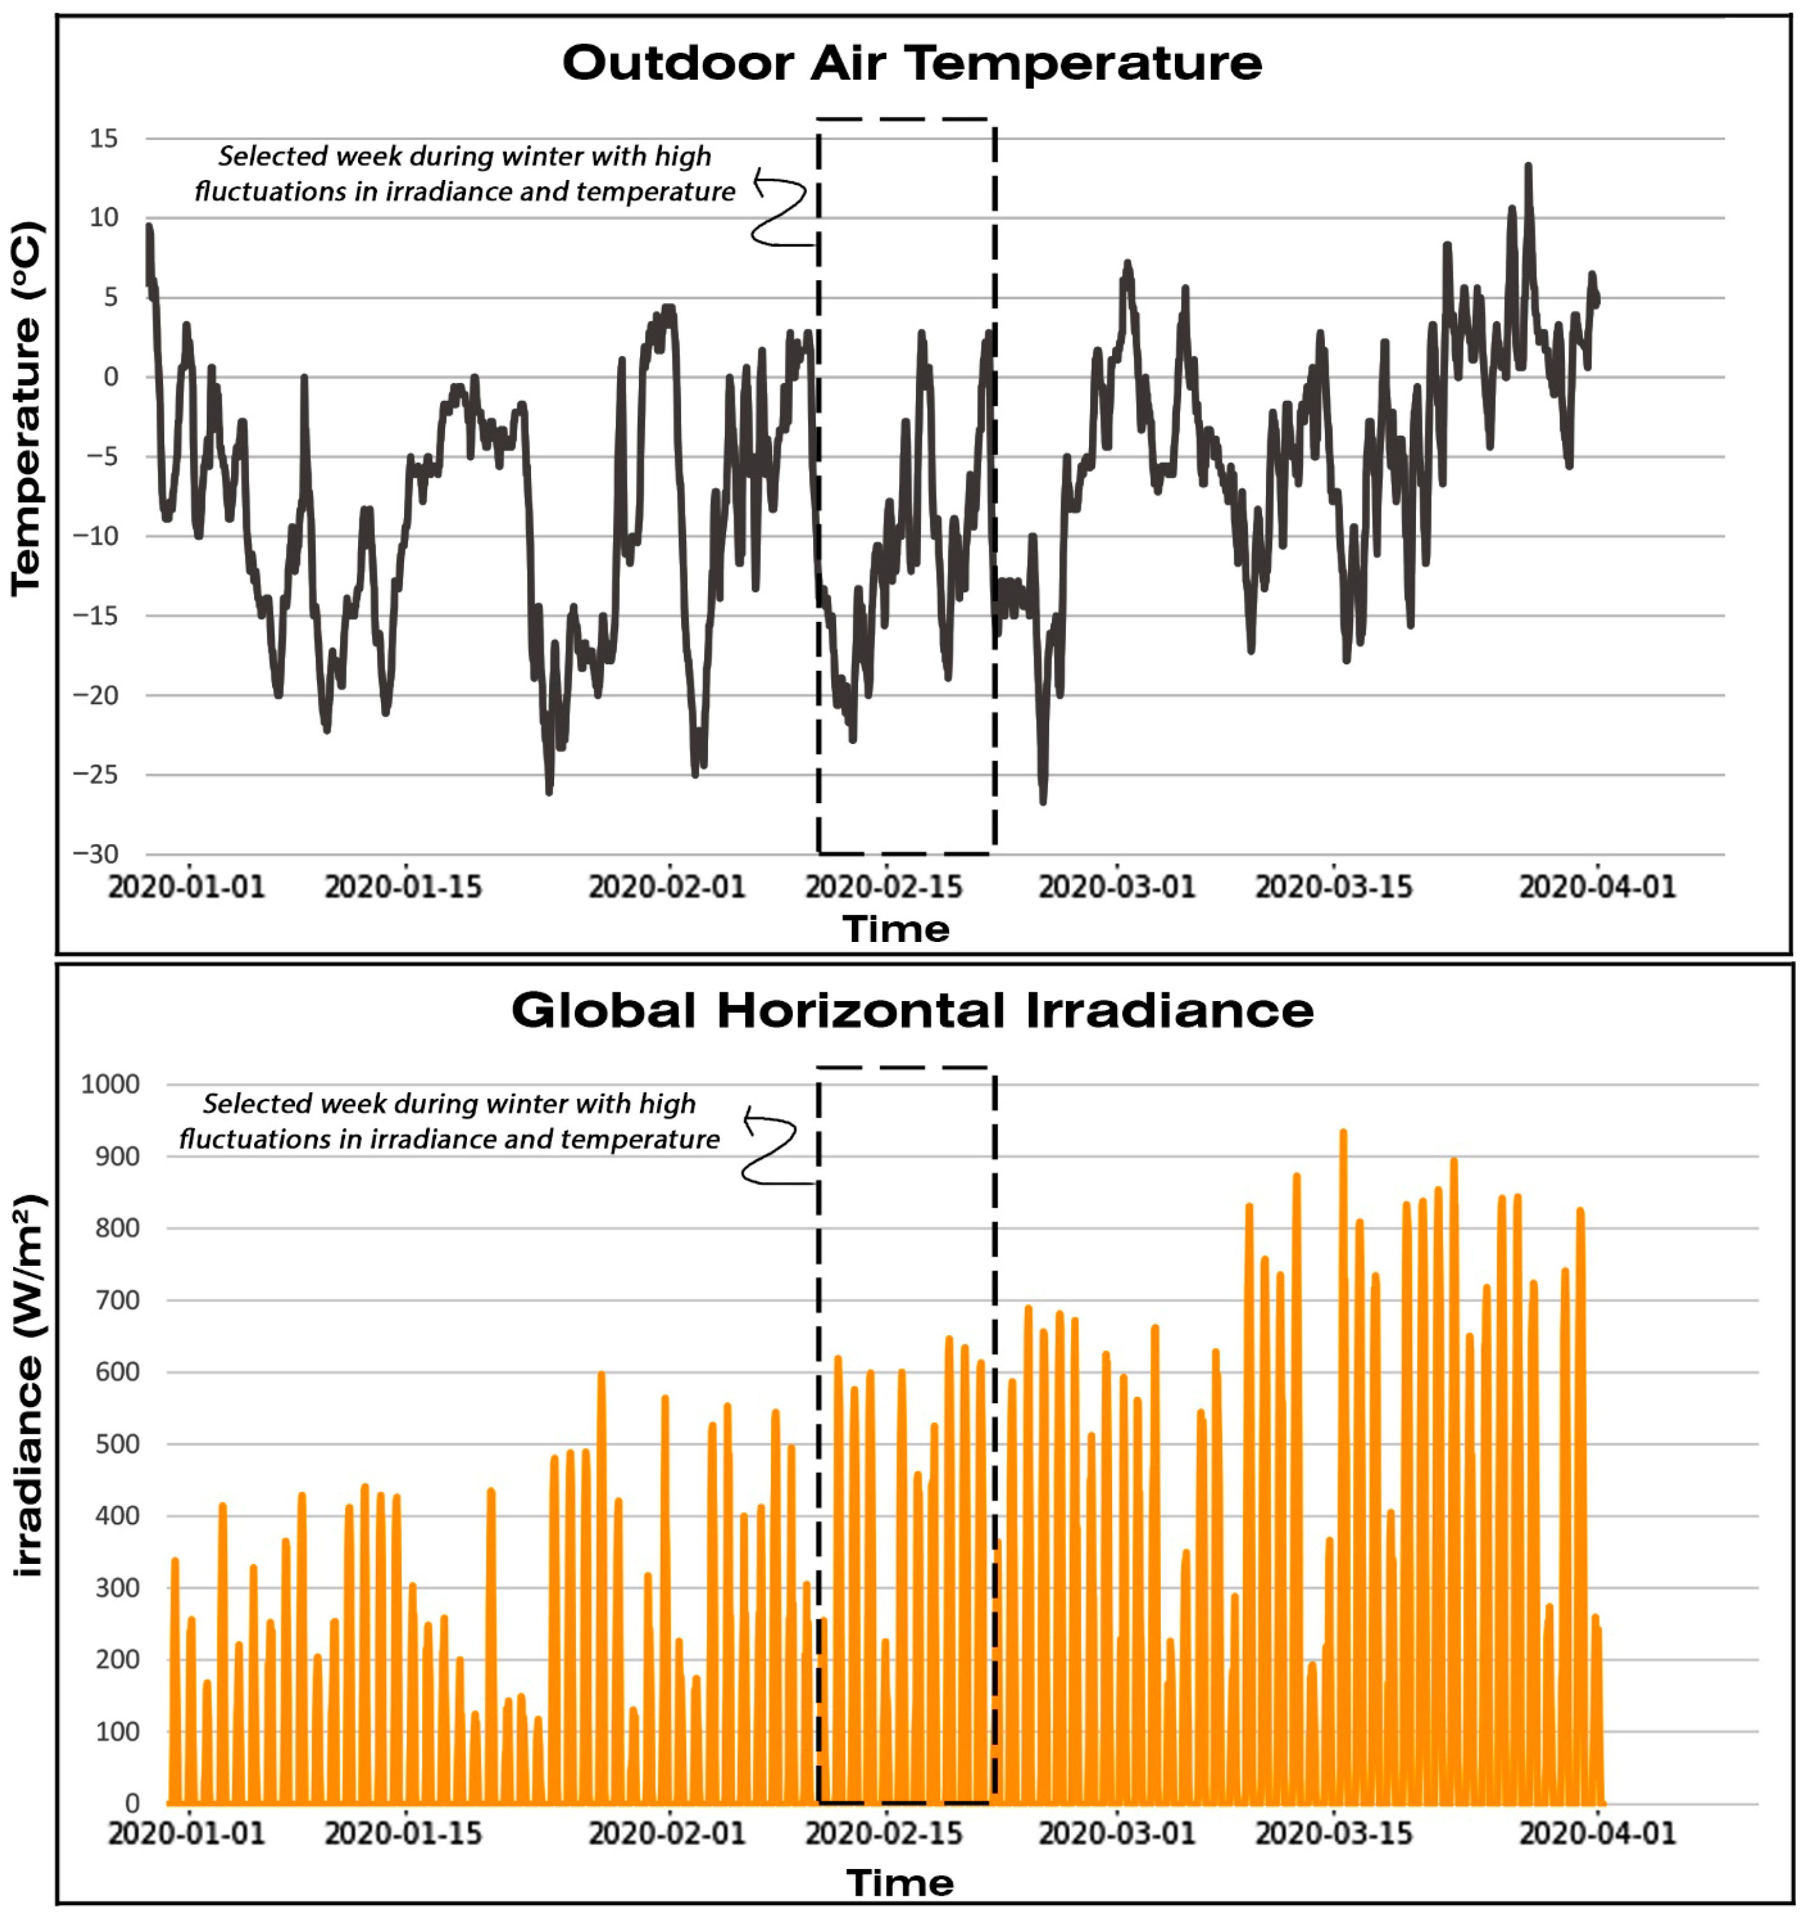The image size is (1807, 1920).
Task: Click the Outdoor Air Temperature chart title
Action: pyautogui.click(x=912, y=64)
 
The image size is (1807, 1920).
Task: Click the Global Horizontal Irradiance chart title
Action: pyautogui.click(x=912, y=1011)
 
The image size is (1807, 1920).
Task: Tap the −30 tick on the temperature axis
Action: pyautogui.click(x=96, y=854)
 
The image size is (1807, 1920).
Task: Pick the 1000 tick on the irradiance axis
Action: pyautogui.click(x=110, y=1084)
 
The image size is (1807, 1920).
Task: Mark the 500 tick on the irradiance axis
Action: pyautogui.click(x=118, y=1444)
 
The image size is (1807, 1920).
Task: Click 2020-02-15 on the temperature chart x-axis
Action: pyautogui.click(x=884, y=887)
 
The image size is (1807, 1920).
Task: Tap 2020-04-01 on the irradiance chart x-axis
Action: pyautogui.click(x=1597, y=1833)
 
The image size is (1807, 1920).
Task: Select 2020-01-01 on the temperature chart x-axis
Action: pyautogui.click(x=186, y=887)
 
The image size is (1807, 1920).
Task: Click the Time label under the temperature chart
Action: pyautogui.click(x=896, y=929)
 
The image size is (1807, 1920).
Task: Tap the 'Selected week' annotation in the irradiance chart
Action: pyautogui.click(x=449, y=1121)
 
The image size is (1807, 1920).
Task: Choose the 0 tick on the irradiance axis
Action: pyautogui.click(x=132, y=1803)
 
